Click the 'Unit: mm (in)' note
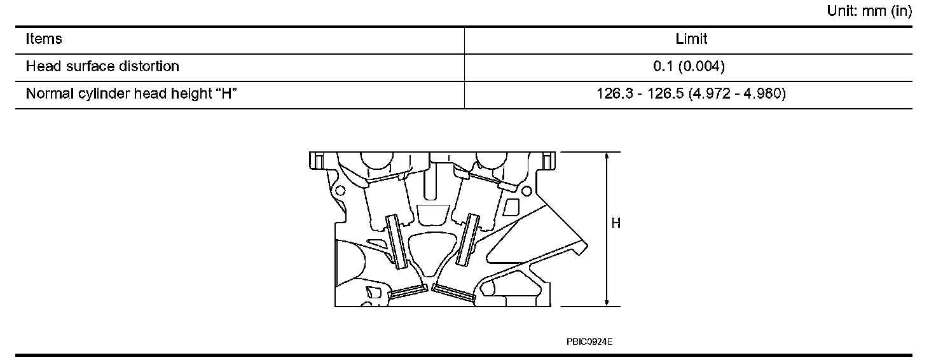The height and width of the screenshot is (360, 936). click(869, 11)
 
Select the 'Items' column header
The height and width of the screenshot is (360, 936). click(44, 39)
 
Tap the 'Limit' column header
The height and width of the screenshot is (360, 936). click(691, 39)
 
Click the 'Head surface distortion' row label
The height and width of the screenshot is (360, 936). click(102, 66)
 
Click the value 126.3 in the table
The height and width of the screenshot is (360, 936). click(614, 94)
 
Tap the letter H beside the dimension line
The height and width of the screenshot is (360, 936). click(616, 223)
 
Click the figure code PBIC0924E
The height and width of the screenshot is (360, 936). click(589, 342)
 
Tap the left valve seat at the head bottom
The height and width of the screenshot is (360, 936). click(406, 293)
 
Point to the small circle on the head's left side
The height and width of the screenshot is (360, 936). click(340, 190)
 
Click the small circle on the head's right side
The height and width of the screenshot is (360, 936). click(526, 190)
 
